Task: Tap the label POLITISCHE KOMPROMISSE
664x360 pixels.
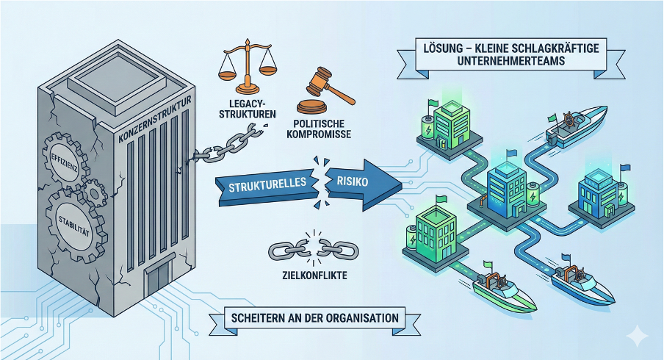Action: pos(320,131)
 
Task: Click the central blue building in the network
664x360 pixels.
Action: pos(508,187)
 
